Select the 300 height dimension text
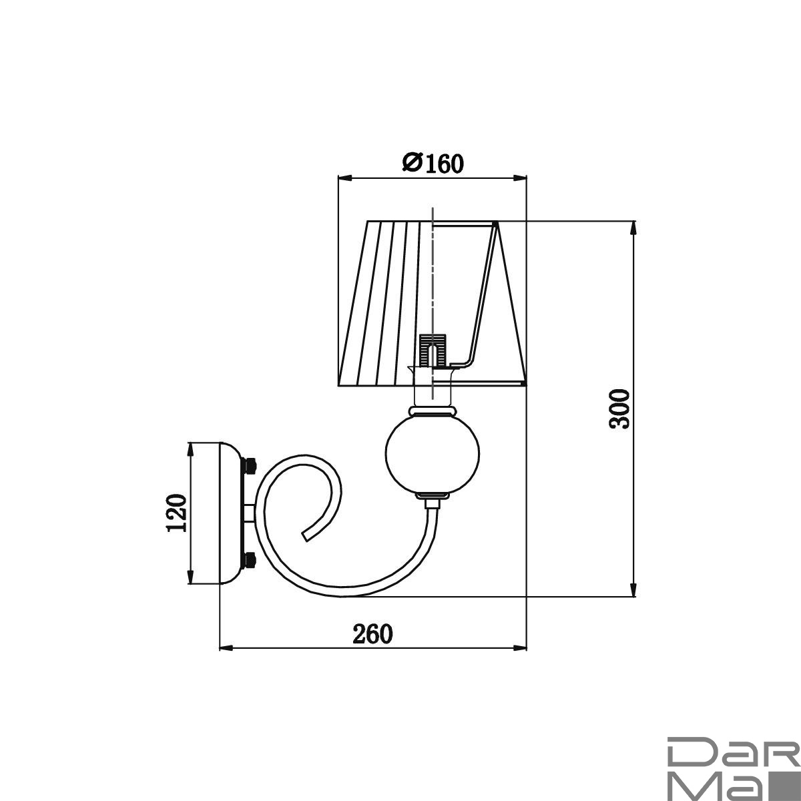click(619, 409)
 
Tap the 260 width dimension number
click(372, 634)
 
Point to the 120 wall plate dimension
click(176, 513)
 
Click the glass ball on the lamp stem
click(433, 454)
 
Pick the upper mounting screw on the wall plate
click(250, 465)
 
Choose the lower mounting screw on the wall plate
click(250, 559)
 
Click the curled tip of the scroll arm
click(306, 536)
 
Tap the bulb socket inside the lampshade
click(433, 350)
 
